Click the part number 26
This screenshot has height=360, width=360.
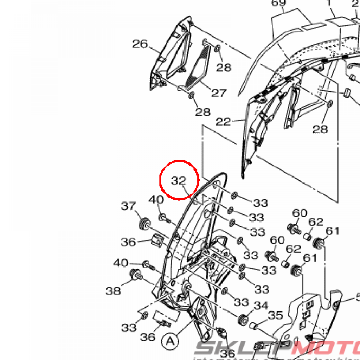click(140, 44)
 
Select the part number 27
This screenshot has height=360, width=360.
click(219, 93)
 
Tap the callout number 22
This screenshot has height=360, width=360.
click(224, 122)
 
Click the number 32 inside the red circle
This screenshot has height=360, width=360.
click(178, 181)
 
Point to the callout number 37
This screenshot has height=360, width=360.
click(129, 206)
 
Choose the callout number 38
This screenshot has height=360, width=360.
click(113, 290)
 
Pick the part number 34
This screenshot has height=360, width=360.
click(261, 306)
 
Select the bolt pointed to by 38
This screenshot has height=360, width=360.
click(135, 275)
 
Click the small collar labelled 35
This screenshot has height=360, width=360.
click(255, 327)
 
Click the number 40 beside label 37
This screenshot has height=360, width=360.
click(156, 200)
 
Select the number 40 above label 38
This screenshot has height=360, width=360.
click(121, 263)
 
